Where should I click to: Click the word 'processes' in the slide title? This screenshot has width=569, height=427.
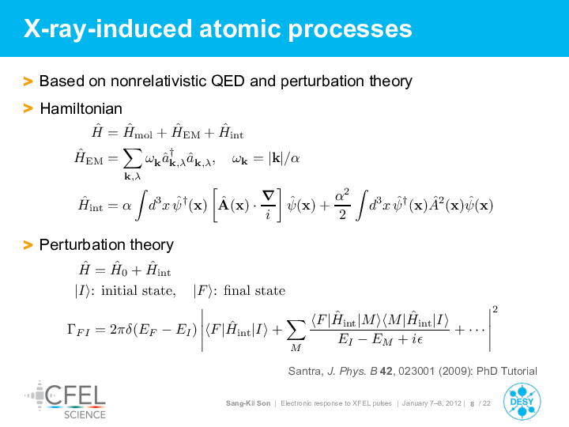[350, 29]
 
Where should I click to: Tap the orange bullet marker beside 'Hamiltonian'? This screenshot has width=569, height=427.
[28, 108]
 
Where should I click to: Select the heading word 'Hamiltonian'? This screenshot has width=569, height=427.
[81, 108]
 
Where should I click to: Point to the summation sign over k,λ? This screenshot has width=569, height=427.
[133, 159]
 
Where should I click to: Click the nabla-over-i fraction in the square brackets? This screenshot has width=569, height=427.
[268, 205]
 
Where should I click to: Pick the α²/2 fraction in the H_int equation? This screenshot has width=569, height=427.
[342, 204]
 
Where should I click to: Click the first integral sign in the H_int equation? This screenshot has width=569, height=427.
[140, 205]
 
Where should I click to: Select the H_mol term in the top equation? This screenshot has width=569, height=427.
[138, 132]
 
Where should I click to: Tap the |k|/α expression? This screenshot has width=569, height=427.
[284, 159]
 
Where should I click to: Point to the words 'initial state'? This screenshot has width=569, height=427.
[138, 290]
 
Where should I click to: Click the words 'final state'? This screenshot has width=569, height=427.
[254, 290]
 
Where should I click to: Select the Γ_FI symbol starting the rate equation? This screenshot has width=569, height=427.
[78, 330]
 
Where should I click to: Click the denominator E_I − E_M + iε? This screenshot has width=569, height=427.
[380, 339]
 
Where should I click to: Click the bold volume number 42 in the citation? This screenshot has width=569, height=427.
[386, 371]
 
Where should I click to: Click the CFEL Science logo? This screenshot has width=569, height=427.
[66, 399]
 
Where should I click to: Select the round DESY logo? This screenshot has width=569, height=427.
[522, 402]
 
